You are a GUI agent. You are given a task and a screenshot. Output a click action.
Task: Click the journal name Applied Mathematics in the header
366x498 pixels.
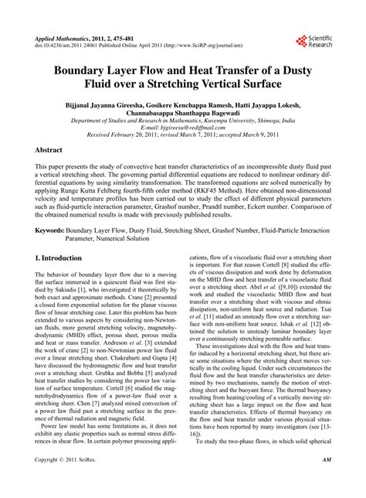(63, 36)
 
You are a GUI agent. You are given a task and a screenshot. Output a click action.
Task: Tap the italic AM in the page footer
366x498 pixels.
(326, 482)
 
